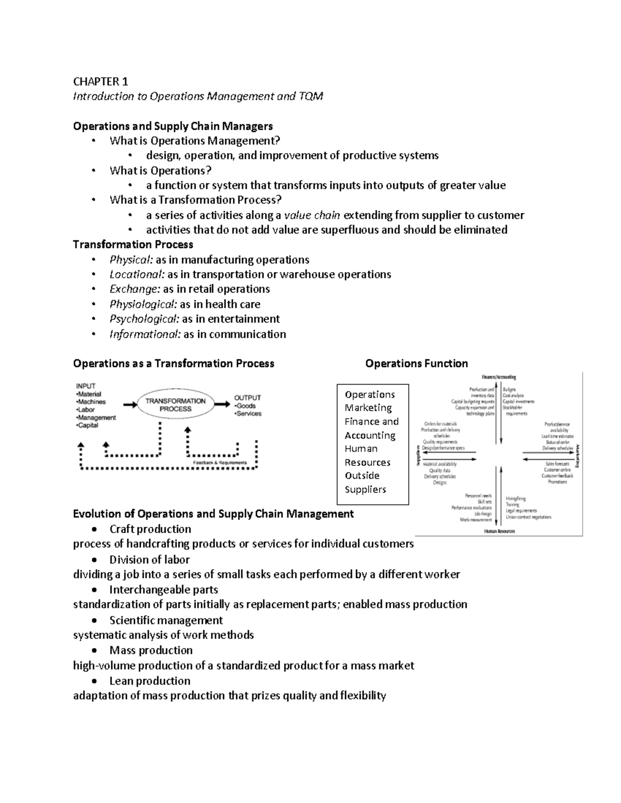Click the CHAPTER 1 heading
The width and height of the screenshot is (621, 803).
100,81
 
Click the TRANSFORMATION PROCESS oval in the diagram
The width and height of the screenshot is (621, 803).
175,404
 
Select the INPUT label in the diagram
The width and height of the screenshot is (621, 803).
86,386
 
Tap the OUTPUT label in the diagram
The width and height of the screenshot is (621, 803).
247,398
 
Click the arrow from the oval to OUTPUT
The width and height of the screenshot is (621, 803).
223,405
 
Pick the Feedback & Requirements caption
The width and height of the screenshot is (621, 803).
219,462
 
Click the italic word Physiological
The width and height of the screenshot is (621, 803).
143,304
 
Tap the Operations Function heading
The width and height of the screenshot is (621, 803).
416,363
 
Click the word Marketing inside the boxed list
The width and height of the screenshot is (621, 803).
368,408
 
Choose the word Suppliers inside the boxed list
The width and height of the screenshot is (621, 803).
365,489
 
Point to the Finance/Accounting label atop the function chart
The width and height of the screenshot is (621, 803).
498,377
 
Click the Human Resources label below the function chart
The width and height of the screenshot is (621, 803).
499,531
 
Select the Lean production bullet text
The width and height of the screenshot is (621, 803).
150,680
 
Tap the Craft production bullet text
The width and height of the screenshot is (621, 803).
150,529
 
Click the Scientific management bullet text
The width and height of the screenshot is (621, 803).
166,620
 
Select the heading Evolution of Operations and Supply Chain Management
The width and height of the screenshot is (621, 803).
213,513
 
